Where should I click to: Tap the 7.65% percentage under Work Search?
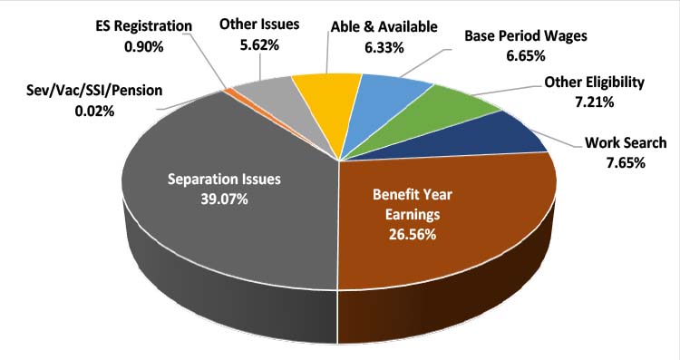pyautogui.click(x=614, y=163)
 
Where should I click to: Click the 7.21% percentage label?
pyautogui.click(x=593, y=102)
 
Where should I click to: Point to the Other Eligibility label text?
pyautogui.click(x=594, y=83)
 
